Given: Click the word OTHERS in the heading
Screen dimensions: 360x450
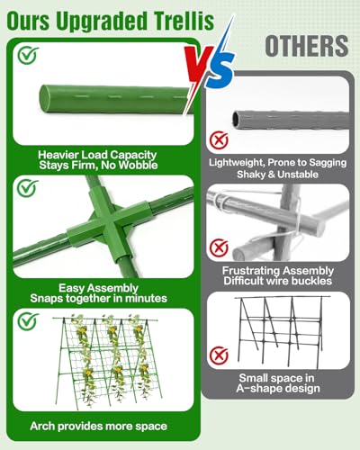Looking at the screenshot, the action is click(307, 46).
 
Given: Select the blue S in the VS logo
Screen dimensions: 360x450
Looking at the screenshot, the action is click(220, 70).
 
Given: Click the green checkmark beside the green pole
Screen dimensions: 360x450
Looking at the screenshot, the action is click(28, 55).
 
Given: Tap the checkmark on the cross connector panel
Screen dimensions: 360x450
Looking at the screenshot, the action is click(27, 188).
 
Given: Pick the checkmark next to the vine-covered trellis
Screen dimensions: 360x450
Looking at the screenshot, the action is click(28, 321).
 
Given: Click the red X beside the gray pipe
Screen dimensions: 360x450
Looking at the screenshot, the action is click(219, 140).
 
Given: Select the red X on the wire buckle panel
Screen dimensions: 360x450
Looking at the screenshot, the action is click(219, 248).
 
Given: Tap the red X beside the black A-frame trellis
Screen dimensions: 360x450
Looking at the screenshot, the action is click(219, 355).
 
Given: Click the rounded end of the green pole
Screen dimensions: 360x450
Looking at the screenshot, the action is click(45, 99).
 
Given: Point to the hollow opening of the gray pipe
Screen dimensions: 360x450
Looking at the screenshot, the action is click(238, 119).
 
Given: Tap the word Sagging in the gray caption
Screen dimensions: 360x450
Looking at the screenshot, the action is click(328, 163).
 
